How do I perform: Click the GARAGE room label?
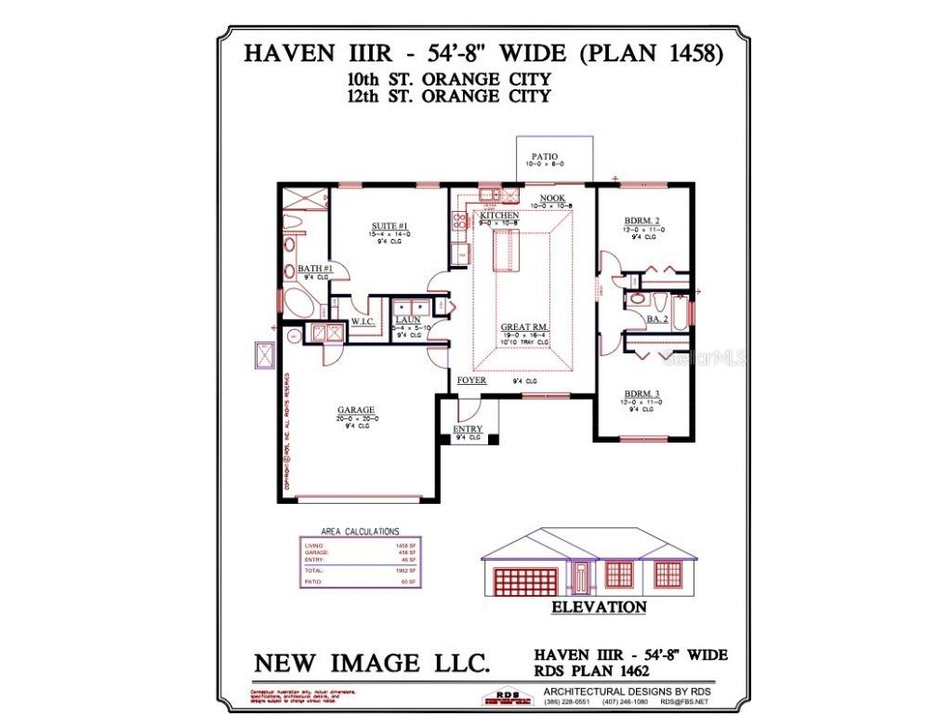(x=356, y=410)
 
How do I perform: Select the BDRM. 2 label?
(x=642, y=220)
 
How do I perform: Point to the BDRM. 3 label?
(x=642, y=394)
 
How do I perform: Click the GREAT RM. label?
(x=522, y=327)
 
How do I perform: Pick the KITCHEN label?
(x=499, y=216)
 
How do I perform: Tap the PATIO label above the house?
(x=544, y=157)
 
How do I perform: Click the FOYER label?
(x=471, y=380)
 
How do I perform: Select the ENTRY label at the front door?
(x=468, y=429)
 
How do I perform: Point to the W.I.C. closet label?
(x=362, y=322)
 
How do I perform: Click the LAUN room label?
(x=407, y=320)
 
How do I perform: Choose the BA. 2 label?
(x=657, y=319)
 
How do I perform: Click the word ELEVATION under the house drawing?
(x=599, y=607)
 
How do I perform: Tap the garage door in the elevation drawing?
(x=525, y=581)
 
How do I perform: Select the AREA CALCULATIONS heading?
(x=360, y=531)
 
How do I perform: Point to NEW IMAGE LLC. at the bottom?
(x=372, y=663)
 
